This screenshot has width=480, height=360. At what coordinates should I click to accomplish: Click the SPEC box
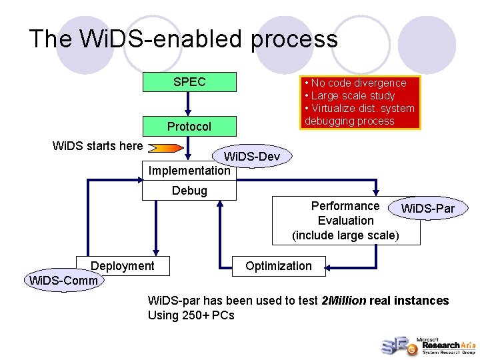pyautogui.click(x=189, y=82)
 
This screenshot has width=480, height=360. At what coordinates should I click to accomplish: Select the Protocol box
pyautogui.click(x=189, y=127)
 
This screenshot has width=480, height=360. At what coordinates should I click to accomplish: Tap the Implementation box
pyautogui.click(x=189, y=171)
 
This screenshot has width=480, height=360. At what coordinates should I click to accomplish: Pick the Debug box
pyautogui.click(x=189, y=191)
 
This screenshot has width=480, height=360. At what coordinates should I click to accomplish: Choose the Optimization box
pyautogui.click(x=278, y=266)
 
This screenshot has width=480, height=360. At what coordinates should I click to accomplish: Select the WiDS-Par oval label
pyautogui.click(x=427, y=209)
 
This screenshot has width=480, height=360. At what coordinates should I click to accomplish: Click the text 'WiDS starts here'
pyautogui.click(x=97, y=146)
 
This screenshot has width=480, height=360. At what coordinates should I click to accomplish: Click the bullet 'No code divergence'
pyautogui.click(x=358, y=83)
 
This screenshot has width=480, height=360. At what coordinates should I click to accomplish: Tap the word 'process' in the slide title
pyautogui.click(x=294, y=39)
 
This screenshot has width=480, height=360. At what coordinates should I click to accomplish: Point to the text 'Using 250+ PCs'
pyautogui.click(x=191, y=315)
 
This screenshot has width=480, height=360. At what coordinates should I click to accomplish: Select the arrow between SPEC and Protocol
pyautogui.click(x=189, y=104)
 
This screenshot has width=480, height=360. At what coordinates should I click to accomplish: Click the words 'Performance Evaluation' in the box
pyautogui.click(x=345, y=213)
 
